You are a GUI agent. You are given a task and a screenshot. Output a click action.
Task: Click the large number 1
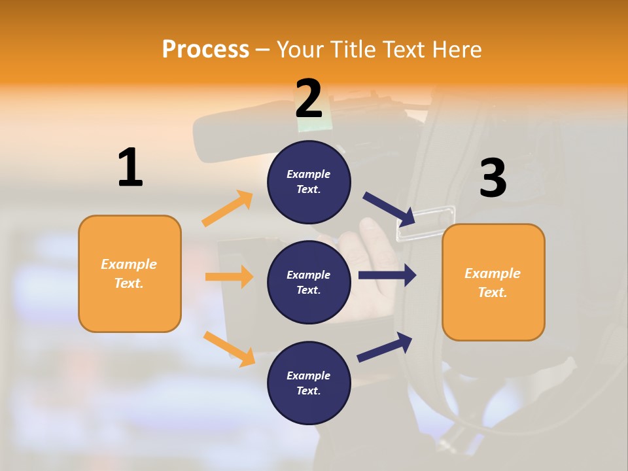click(x=130, y=167)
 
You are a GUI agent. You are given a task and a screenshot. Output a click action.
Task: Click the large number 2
click(x=309, y=99)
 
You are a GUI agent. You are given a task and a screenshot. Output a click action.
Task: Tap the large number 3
click(x=493, y=179)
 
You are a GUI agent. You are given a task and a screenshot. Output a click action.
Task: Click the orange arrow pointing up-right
click(x=227, y=209)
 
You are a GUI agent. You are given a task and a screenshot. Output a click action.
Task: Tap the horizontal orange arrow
click(x=229, y=277)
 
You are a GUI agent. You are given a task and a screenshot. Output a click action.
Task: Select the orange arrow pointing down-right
click(x=229, y=349)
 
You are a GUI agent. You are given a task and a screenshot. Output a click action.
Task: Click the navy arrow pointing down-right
click(x=389, y=209)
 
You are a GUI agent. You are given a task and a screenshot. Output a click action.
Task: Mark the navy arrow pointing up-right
click(x=385, y=347)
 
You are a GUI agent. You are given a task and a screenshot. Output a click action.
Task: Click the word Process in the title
click(x=205, y=49)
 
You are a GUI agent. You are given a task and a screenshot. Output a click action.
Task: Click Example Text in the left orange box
click(x=129, y=273)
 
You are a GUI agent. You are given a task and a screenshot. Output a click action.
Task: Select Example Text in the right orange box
click(x=493, y=283)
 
